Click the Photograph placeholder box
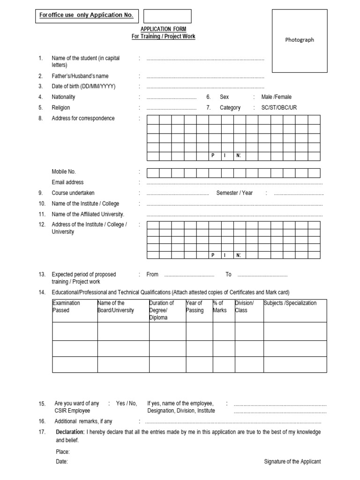[x=300, y=41]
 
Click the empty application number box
[x=167, y=16]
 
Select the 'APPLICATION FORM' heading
[x=163, y=29]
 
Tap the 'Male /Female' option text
[x=276, y=97]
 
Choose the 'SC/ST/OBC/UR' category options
[x=279, y=108]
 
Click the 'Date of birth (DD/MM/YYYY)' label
[x=83, y=86]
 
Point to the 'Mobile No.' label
[x=64, y=172]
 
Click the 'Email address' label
[x=67, y=182]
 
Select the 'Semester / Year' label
[x=234, y=193]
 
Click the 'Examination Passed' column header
[x=67, y=307]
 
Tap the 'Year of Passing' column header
[x=195, y=307]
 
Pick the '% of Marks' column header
[x=219, y=307]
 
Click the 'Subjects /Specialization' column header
[x=290, y=303]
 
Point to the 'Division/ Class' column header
[x=244, y=307]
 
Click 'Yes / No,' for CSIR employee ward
[x=127, y=403]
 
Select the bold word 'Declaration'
[x=70, y=432]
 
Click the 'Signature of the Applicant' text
[x=292, y=462]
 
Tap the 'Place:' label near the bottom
[x=63, y=452]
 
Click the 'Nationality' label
[x=63, y=97]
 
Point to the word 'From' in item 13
[x=152, y=274]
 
